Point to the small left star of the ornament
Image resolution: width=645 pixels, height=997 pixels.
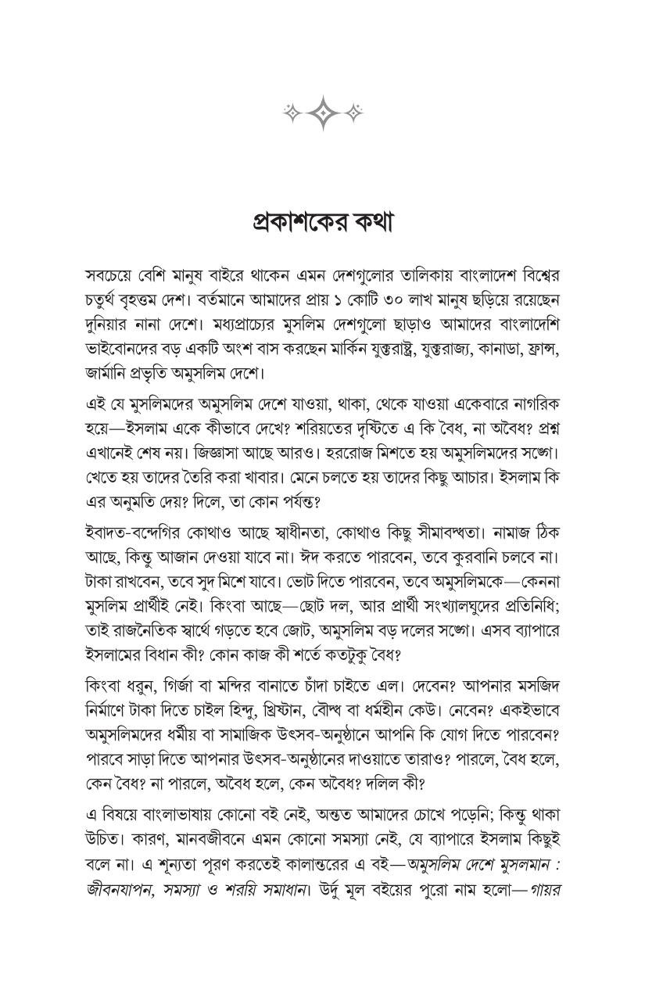[x=291, y=114]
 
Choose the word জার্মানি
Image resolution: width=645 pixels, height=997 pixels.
[x=110, y=370]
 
